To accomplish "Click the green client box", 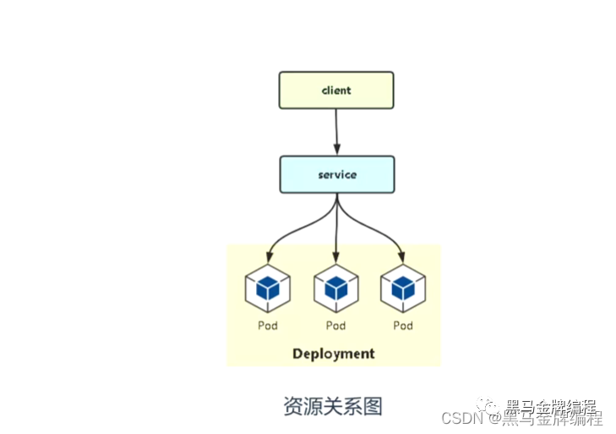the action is click(x=336, y=91).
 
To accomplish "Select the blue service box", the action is click(x=337, y=174).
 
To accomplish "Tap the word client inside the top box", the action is click(x=336, y=91).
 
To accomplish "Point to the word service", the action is click(x=337, y=175).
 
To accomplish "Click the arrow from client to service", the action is click(x=336, y=132).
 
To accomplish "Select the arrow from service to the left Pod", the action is click(x=297, y=229).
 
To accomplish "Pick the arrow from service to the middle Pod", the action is click(x=336, y=228).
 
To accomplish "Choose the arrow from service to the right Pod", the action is click(x=373, y=228).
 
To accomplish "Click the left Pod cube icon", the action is click(x=268, y=288).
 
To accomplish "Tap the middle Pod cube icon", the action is click(x=336, y=288).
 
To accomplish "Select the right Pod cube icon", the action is click(x=403, y=288).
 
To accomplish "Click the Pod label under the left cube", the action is click(x=268, y=326).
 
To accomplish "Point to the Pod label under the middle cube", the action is click(x=336, y=326).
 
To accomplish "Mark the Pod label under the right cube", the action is click(x=403, y=326).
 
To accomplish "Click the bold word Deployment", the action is click(x=334, y=354).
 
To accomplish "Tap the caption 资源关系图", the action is click(x=333, y=406).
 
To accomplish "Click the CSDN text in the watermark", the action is click(x=462, y=418).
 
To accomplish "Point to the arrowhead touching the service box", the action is click(x=336, y=150).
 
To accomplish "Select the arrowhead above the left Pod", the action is click(x=269, y=257).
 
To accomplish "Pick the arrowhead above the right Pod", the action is click(x=401, y=257).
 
